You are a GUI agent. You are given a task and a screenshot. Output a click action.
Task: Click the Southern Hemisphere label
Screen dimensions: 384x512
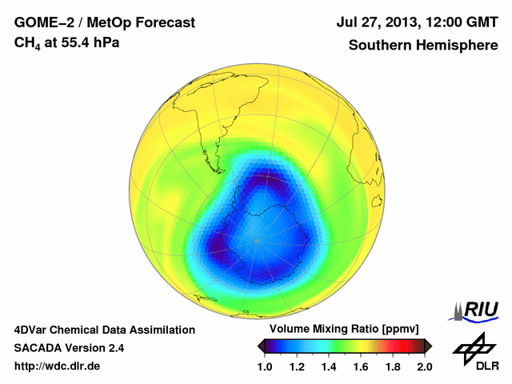[x=422, y=46]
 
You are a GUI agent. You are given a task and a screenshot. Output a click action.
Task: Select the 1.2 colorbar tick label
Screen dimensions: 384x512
[x=298, y=366]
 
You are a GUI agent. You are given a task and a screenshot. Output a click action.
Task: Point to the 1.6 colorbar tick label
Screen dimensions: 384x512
[x=361, y=366]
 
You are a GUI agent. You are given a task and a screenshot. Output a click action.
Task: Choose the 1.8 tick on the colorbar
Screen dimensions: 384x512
[x=393, y=366]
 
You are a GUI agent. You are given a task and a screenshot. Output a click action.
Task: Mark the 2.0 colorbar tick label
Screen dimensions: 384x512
[x=424, y=366]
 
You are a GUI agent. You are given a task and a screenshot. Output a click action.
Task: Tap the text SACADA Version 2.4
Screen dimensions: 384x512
[x=69, y=348]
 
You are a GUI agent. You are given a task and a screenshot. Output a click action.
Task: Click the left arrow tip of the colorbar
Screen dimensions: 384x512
[x=259, y=346]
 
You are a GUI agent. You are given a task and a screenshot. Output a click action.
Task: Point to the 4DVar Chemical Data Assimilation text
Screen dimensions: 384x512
[x=104, y=330]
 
